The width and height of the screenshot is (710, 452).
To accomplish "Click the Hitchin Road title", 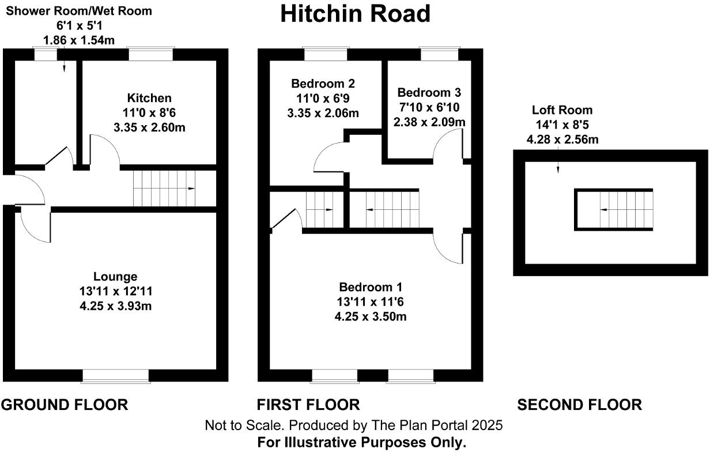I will pyautogui.click(x=355, y=14).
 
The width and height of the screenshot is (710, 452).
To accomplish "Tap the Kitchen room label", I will pyautogui.click(x=149, y=98).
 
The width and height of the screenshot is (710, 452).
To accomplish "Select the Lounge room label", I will pyautogui.click(x=116, y=277).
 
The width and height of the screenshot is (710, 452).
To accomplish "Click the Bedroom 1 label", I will pyautogui.click(x=371, y=287).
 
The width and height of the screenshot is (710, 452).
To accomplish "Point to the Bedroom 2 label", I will pyautogui.click(x=323, y=83).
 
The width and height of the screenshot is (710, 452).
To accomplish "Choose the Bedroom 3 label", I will pyautogui.click(x=429, y=93).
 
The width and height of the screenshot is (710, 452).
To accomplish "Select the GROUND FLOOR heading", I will pyautogui.click(x=65, y=405).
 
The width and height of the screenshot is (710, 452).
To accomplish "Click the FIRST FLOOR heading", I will pyautogui.click(x=308, y=405).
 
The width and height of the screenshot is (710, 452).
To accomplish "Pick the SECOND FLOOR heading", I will pyautogui.click(x=579, y=405).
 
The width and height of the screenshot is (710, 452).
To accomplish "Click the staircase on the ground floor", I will pyautogui.click(x=165, y=188).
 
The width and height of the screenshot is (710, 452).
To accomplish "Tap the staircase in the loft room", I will pyautogui.click(x=626, y=210).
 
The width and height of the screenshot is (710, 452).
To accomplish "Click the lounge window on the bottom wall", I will pyautogui.click(x=116, y=376).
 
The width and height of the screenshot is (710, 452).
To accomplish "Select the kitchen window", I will pyautogui.click(x=150, y=54).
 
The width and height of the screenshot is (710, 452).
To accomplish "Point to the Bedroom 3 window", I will pyautogui.click(x=439, y=54).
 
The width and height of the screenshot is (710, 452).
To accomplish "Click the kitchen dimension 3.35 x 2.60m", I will pyautogui.click(x=149, y=127).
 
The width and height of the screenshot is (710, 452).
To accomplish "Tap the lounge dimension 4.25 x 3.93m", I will pyautogui.click(x=116, y=306).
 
